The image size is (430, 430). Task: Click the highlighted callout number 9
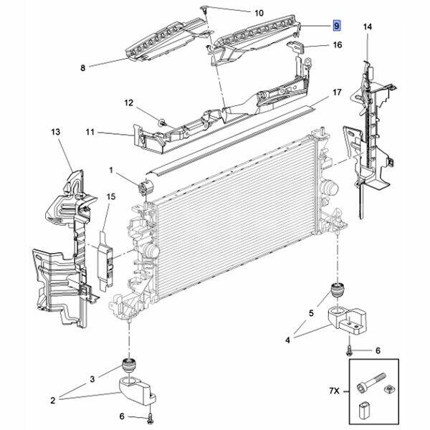point(335,26)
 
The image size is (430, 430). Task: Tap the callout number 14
point(367,27)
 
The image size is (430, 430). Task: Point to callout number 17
point(336,93)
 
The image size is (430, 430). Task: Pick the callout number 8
point(82,68)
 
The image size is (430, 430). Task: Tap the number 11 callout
point(90,133)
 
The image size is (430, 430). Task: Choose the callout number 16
point(336,44)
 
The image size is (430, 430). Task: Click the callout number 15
point(111,196)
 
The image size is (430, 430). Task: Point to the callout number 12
point(129,103)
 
